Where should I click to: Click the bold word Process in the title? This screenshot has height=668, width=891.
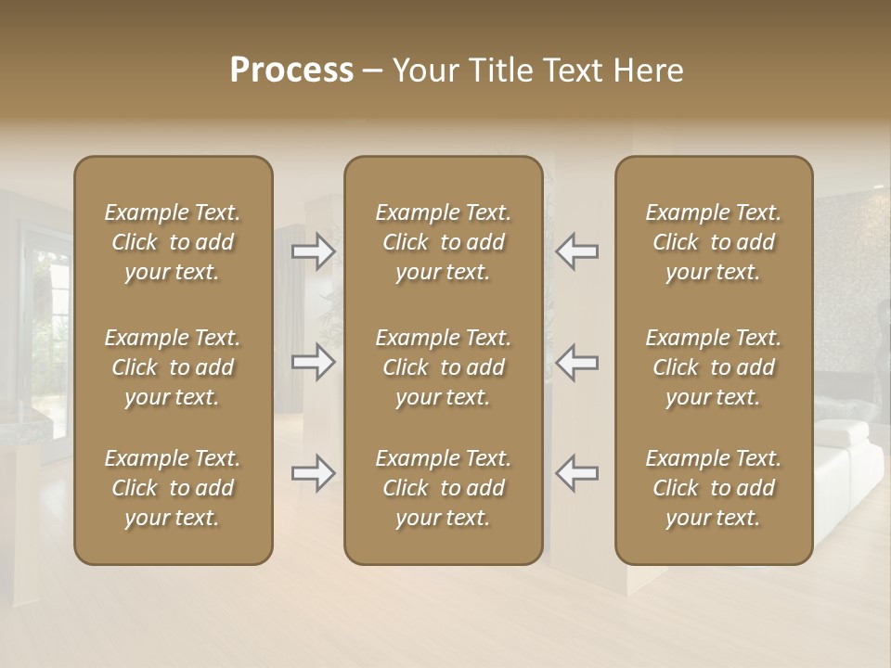click(x=291, y=71)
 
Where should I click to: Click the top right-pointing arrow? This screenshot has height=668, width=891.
click(x=313, y=250)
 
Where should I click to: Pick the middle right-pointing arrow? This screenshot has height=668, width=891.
click(x=313, y=362)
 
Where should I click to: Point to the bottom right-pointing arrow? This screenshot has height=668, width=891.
click(x=313, y=473)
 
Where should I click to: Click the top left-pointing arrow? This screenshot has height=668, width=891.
click(x=576, y=250)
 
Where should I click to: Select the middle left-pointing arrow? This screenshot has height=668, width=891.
click(x=576, y=362)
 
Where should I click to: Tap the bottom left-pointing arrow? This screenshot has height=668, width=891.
click(x=576, y=473)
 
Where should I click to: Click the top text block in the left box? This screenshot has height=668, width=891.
click(x=173, y=242)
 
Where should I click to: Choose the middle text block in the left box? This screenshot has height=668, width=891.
click(x=173, y=367)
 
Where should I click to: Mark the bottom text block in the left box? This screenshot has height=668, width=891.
click(x=173, y=488)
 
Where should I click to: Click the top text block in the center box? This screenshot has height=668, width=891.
click(x=443, y=242)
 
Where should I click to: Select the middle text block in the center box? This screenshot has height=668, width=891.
click(x=443, y=367)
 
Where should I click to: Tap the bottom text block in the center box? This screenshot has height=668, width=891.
click(x=443, y=488)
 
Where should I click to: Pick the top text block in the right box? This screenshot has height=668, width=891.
click(x=714, y=242)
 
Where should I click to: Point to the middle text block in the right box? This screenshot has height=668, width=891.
click(x=714, y=367)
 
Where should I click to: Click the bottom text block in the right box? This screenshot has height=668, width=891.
click(x=714, y=488)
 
